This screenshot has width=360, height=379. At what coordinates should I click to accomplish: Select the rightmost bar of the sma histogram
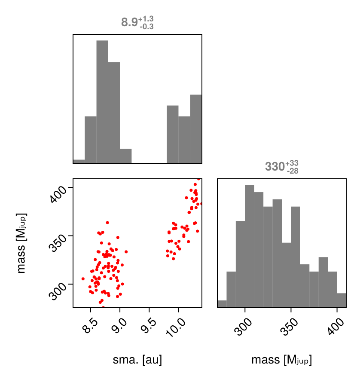(x=196, y=129)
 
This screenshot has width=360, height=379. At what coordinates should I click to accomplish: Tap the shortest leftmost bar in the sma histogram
(x=79, y=161)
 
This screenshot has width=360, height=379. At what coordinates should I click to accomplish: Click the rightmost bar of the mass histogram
(x=342, y=300)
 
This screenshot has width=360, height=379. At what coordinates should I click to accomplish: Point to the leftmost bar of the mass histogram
(x=222, y=304)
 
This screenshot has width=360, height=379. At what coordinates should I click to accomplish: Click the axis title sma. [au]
(x=137, y=360)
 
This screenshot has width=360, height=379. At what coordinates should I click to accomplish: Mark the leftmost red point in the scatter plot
(x=83, y=279)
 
